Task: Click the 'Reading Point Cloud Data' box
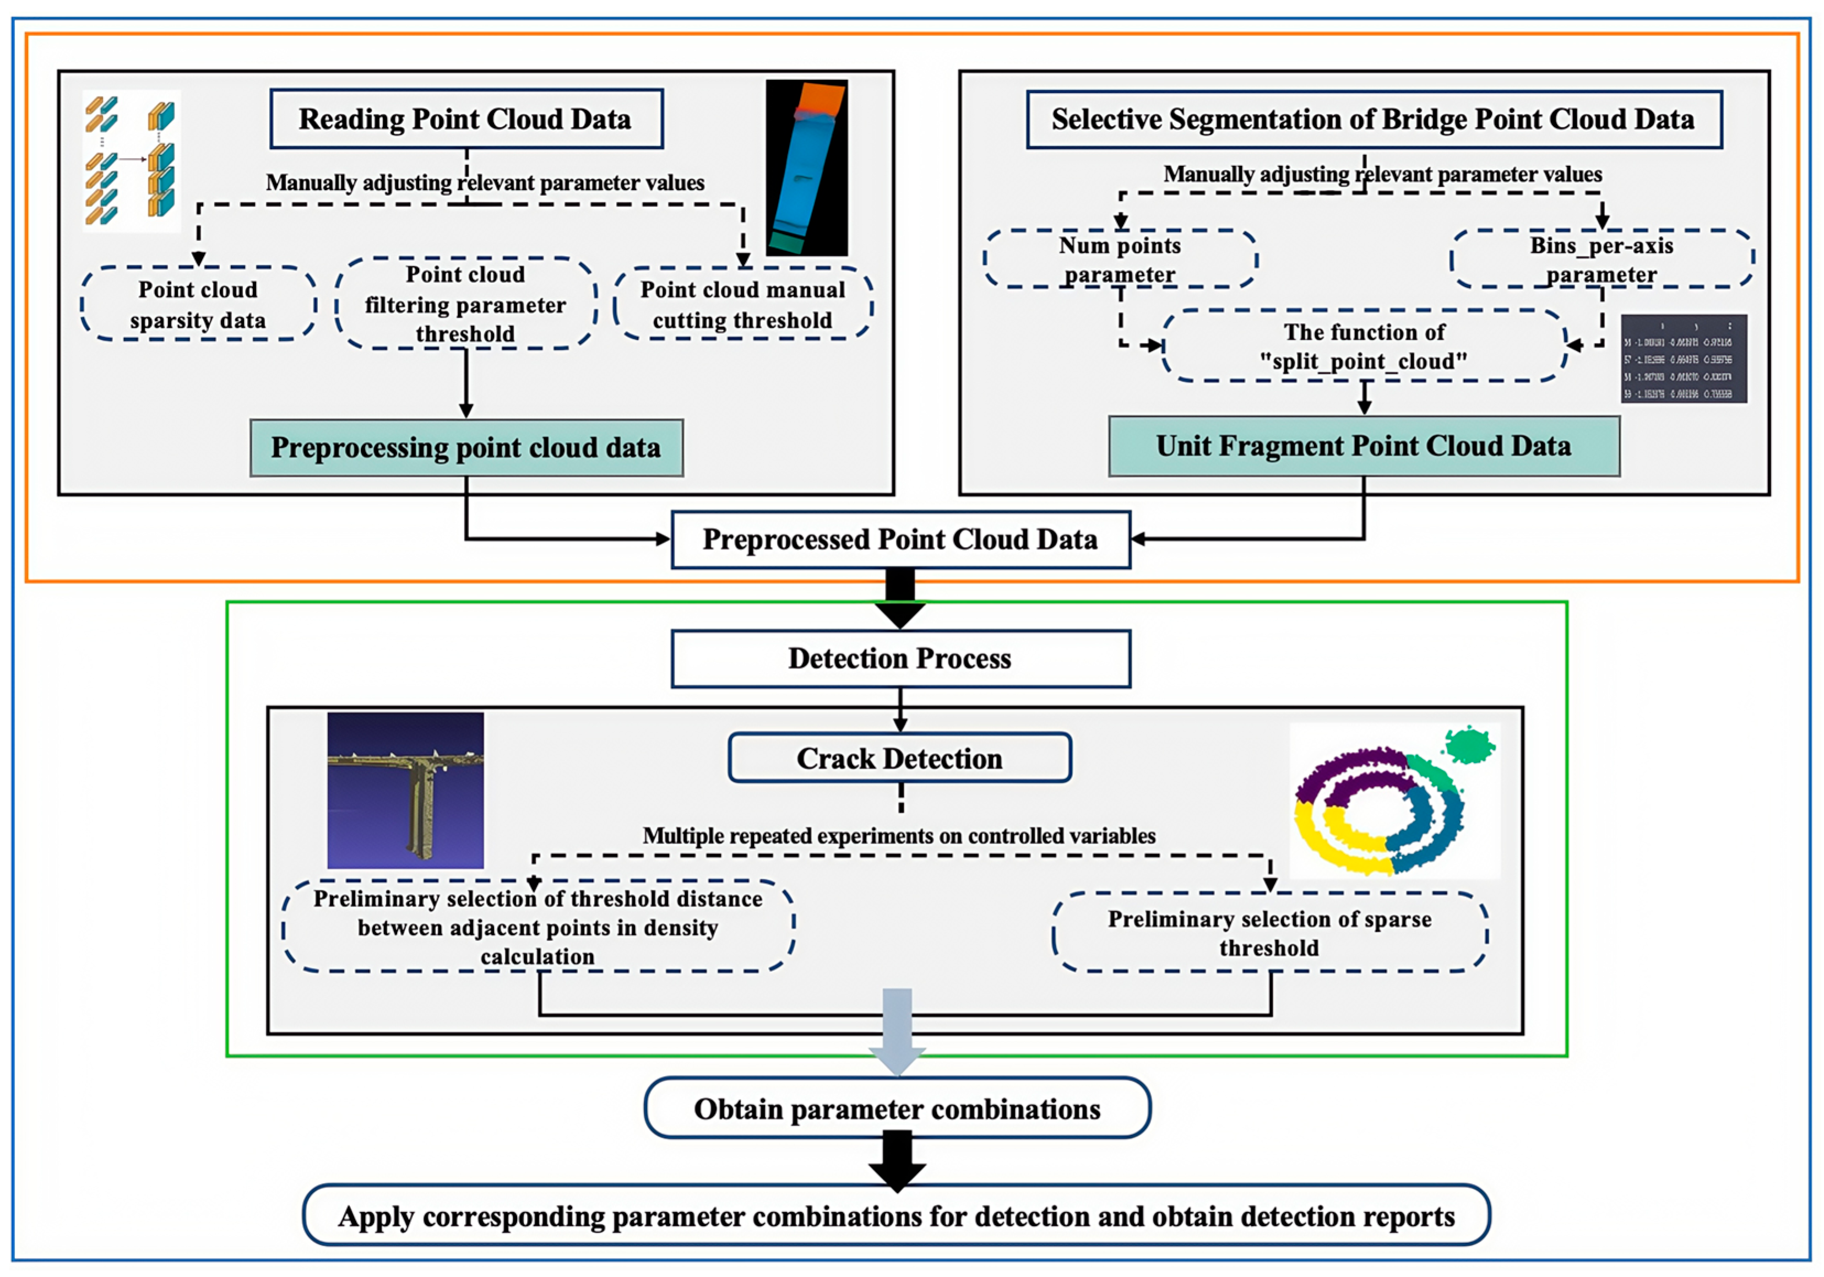[x=466, y=119]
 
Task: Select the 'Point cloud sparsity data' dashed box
[x=199, y=304]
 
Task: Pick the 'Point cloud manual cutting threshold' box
[x=743, y=304]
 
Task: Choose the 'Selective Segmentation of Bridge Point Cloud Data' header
[x=1374, y=119]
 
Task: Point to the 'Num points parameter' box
[x=1120, y=259]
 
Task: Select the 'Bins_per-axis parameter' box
[x=1602, y=259]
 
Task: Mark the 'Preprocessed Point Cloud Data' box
[x=900, y=539]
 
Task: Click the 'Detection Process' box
[x=900, y=659]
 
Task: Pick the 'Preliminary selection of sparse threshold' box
[x=1269, y=933]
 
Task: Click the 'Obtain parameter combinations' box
[x=898, y=1108]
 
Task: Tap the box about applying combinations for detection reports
[x=896, y=1216]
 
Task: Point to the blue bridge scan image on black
[x=806, y=167]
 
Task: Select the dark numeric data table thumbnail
[x=1684, y=359]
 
